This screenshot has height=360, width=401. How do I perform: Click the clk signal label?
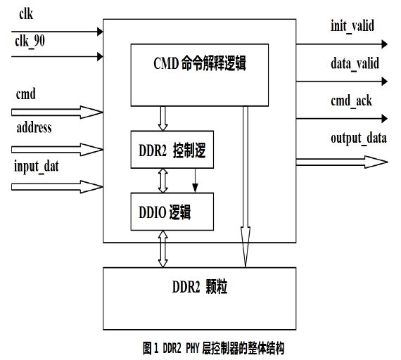point(26,13)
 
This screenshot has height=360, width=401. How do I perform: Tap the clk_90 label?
point(30,41)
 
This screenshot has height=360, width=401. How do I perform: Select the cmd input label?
point(25,94)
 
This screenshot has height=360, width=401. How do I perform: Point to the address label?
point(34,127)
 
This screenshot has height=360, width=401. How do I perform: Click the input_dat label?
point(37,167)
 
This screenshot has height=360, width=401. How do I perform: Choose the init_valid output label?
point(352,26)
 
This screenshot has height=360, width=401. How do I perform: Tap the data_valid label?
point(355,63)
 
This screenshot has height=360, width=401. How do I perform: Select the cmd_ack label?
point(351,101)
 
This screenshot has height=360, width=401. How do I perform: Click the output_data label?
point(359,139)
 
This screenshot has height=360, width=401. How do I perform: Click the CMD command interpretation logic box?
point(200,75)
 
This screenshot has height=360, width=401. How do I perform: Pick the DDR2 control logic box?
point(172,150)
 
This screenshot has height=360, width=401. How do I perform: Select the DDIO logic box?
point(172,212)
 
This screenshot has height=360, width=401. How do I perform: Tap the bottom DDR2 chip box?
point(200,299)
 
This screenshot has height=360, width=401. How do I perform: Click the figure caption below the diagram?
point(213,348)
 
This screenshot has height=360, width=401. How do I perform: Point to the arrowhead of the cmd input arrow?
point(91,112)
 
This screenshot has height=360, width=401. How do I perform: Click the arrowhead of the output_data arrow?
point(376,162)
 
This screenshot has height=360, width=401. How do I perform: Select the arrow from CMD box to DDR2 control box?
point(163,119)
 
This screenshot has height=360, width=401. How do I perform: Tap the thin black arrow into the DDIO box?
point(195,180)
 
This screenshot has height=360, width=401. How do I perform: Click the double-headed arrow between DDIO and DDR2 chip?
point(163,249)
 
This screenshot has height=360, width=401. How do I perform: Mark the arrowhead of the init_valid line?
point(385,44)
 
